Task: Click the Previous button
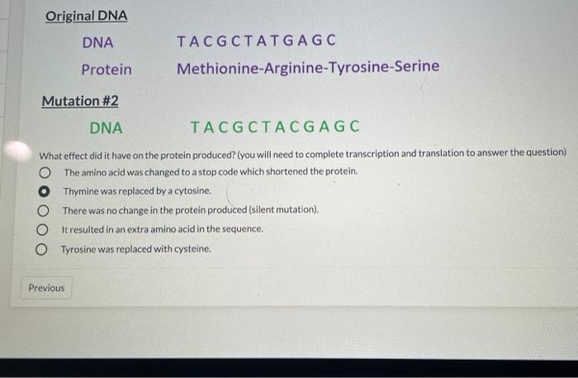point(46,288)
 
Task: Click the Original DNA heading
point(87,17)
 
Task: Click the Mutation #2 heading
point(80,101)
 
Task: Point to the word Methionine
point(217,67)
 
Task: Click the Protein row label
point(106,69)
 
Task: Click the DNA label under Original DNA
point(98,42)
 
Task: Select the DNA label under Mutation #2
point(106,127)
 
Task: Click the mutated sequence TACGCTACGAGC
point(275,127)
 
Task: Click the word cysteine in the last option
point(191,248)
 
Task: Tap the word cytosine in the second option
point(189,191)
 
